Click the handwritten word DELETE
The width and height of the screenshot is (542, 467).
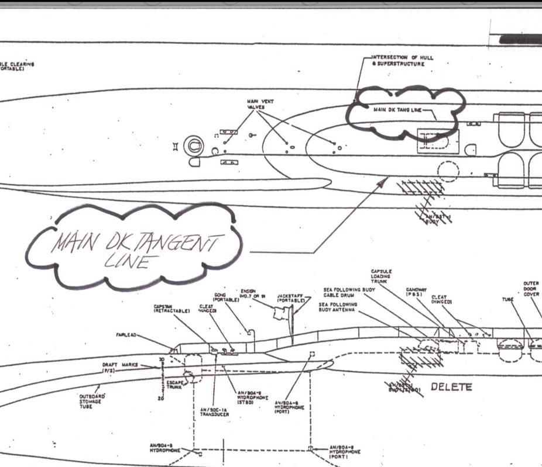pos(451,387)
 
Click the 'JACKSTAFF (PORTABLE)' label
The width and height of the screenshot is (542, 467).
pos(290,298)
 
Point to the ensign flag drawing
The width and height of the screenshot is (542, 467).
pos(280,314)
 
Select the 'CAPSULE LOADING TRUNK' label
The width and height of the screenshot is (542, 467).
pos(382,276)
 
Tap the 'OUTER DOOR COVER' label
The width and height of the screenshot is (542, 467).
pos(531,289)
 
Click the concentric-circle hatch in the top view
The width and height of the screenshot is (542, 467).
pos(194,143)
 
